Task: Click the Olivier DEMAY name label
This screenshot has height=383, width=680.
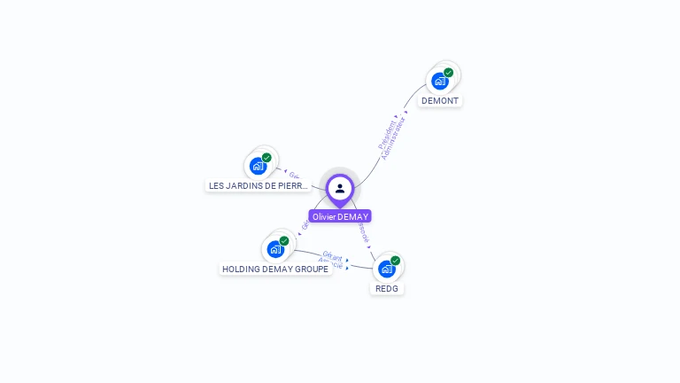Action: tap(340, 216)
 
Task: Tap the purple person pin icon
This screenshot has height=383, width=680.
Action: tap(340, 188)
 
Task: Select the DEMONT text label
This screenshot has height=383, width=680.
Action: tap(440, 101)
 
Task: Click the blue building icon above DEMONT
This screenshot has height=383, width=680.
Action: tap(439, 82)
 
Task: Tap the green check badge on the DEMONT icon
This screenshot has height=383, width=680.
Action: tap(449, 73)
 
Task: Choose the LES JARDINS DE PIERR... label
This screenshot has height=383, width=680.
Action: tap(259, 186)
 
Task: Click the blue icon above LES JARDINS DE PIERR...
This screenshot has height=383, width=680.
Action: tap(258, 166)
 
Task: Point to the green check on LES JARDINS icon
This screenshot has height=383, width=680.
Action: tap(267, 158)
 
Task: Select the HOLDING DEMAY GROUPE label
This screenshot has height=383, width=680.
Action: tap(275, 269)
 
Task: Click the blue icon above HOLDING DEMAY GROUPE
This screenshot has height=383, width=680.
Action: tap(275, 249)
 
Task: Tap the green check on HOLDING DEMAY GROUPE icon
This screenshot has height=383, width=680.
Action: tap(284, 240)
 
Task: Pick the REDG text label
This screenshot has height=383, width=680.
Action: tap(387, 289)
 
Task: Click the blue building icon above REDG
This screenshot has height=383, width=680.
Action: tap(386, 269)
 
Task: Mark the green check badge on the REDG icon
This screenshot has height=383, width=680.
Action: tap(396, 261)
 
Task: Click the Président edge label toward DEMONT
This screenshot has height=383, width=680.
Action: tap(388, 133)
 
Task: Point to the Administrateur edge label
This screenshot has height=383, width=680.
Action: tap(395, 138)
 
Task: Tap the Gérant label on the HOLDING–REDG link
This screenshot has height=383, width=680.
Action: tap(333, 256)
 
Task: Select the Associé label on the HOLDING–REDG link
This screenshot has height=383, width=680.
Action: tap(330, 263)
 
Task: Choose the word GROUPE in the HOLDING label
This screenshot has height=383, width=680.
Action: tap(310, 269)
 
